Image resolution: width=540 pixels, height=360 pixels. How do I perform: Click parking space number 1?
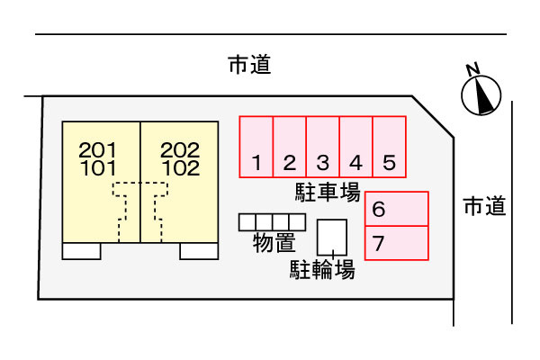tap(256, 147)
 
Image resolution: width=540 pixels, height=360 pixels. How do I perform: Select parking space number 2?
tap(289, 147)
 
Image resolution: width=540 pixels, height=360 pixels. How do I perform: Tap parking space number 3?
tap(323, 147)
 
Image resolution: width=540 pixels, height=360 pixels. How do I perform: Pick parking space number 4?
tap(356, 147)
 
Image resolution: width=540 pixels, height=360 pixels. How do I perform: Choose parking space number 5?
tap(390, 147)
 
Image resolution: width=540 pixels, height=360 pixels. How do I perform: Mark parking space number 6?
tap(396, 209)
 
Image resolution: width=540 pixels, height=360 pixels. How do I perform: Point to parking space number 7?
tap(396, 243)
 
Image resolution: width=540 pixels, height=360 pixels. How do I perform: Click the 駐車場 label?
tap(328, 192)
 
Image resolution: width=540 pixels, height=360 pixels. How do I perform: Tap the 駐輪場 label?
tap(322, 269)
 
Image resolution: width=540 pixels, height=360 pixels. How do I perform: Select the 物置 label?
tap(274, 242)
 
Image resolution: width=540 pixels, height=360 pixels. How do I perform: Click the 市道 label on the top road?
tap(249, 65)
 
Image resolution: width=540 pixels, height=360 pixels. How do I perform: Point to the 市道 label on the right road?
tap(484, 206)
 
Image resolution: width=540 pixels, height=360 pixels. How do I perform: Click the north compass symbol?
tap(481, 95)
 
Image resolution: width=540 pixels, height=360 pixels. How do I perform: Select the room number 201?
tap(98, 150)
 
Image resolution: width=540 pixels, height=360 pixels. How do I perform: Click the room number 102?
tap(181, 168)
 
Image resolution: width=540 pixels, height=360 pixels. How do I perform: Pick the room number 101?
tap(98, 168)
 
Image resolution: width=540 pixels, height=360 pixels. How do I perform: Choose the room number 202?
tap(180, 150)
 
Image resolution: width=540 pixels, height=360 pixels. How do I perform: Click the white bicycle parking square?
tap(332, 238)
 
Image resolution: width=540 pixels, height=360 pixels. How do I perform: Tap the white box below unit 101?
tap(82, 251)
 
